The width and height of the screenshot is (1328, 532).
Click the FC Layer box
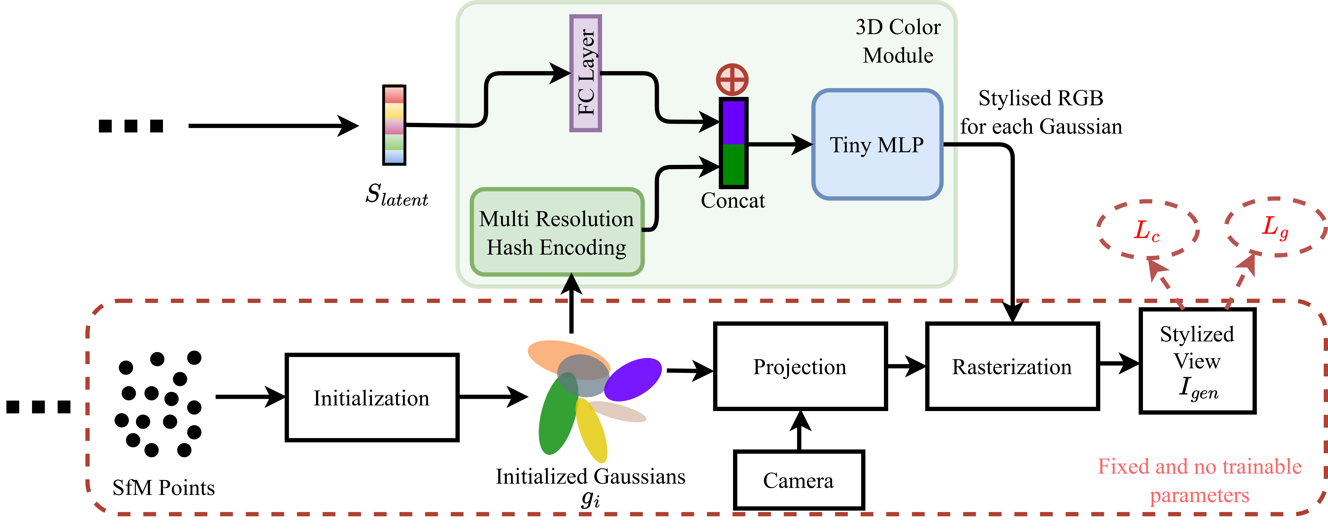tap(586, 73)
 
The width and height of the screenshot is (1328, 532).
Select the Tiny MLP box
tap(877, 145)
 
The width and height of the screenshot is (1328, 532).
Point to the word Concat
tap(733, 200)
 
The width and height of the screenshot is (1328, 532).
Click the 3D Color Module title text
tap(898, 41)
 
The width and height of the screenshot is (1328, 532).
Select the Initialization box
tap(372, 398)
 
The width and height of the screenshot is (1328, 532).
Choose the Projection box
tap(800, 366)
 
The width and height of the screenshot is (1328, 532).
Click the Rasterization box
tap(1012, 366)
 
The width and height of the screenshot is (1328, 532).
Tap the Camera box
tap(799, 480)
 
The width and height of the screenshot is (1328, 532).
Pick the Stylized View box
tap(1197, 360)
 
